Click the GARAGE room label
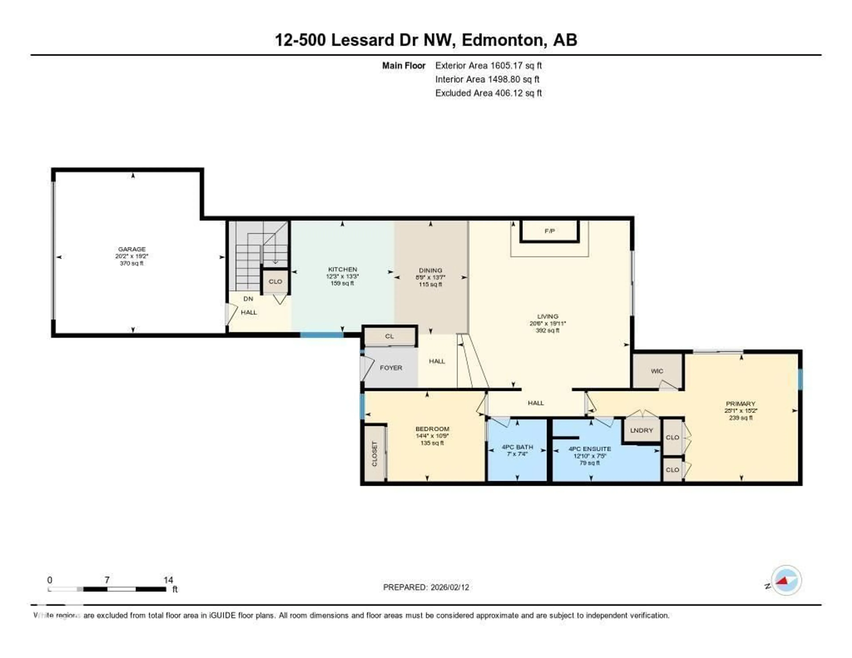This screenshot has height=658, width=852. [x=132, y=249]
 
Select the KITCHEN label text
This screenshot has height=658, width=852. [x=342, y=269]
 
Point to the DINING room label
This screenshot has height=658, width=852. [x=430, y=270]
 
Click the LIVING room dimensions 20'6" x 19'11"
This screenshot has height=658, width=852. [x=547, y=323]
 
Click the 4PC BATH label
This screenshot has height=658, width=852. [x=517, y=447]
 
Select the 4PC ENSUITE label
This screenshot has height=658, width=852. [x=590, y=449]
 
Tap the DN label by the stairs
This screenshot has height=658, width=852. [x=248, y=299]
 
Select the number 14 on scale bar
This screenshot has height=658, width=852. [x=168, y=580]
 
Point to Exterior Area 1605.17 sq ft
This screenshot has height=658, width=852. [x=488, y=65]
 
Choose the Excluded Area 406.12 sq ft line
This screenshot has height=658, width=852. [x=488, y=93]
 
